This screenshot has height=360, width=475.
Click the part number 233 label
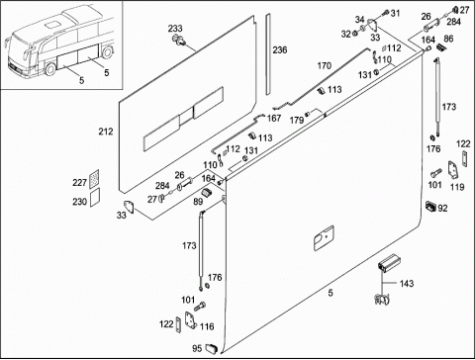[175, 29]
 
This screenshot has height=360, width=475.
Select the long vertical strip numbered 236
[268, 53]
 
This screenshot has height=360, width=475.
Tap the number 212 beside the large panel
[106, 132]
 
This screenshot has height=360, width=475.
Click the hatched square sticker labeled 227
[94, 179]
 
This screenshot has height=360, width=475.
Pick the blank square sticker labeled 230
[94, 198]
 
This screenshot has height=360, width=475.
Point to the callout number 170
[324, 66]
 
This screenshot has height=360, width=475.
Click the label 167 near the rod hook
[274, 118]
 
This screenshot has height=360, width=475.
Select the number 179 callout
[297, 121]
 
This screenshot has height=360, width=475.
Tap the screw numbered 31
[385, 13]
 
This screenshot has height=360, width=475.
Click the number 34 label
[359, 20]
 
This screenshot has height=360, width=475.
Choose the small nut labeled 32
[355, 34]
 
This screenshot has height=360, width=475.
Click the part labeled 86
[439, 47]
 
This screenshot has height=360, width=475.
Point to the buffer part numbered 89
[206, 193]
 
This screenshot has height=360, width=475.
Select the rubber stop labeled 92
[430, 206]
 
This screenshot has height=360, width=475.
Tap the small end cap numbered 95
[212, 348]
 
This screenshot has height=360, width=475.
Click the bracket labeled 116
[190, 320]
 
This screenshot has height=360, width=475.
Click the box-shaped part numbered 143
[389, 263]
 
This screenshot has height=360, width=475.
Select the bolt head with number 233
[178, 40]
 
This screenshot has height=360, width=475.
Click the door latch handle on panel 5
[324, 238]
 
